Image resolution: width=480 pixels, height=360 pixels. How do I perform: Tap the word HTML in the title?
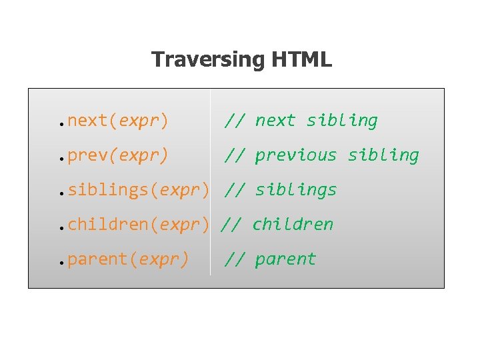click(301, 60)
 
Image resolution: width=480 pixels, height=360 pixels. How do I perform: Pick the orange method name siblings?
click(108, 190)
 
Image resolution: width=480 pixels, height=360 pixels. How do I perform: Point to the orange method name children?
click(108, 225)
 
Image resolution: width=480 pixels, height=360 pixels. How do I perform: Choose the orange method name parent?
click(98, 259)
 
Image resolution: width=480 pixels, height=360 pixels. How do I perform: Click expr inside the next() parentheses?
click(139, 121)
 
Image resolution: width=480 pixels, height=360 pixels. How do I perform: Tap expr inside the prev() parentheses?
click(139, 155)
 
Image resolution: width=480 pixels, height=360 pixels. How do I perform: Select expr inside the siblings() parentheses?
click(179, 190)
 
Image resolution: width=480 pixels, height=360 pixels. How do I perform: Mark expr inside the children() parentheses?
click(179, 225)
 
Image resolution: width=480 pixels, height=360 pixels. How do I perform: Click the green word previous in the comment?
click(296, 155)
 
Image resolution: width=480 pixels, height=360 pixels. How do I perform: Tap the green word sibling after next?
click(342, 121)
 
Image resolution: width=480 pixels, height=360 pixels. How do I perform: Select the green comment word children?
click(293, 225)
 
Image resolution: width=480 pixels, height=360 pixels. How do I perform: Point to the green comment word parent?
click(285, 259)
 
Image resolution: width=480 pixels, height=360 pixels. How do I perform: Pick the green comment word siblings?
click(296, 190)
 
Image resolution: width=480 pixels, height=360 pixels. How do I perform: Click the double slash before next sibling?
click(235, 121)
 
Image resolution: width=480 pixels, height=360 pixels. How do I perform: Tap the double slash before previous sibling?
click(235, 155)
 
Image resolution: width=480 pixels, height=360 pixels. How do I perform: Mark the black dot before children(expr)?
click(60, 228)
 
